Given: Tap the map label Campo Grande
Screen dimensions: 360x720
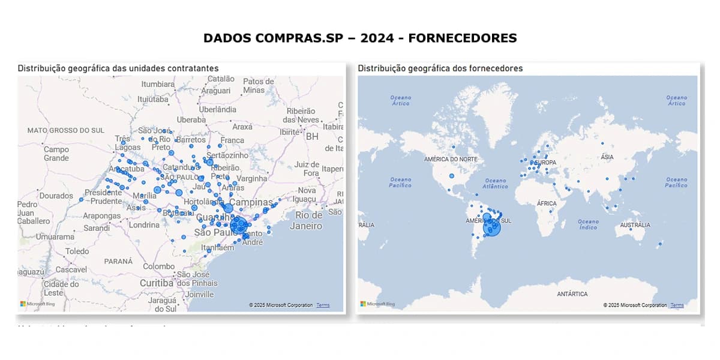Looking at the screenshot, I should (56, 154).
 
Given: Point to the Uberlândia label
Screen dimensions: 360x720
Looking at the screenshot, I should (217, 109).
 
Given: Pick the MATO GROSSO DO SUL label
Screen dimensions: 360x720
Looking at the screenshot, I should (65, 130).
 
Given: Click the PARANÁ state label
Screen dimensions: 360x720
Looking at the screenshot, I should (118, 261).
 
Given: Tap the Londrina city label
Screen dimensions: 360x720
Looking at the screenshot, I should (144, 225).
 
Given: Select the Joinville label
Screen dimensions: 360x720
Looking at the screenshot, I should (199, 294).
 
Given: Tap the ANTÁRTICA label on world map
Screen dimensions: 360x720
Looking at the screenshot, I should (572, 294).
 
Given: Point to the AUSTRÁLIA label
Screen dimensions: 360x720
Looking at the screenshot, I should (635, 225).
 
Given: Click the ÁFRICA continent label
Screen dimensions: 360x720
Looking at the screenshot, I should (547, 203).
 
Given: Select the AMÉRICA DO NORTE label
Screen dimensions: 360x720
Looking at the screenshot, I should (451, 159).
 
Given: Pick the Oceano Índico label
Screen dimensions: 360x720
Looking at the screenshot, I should (588, 224).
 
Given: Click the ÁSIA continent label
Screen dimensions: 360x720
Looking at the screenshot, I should (607, 157).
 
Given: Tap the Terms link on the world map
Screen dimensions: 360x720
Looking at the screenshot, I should (677, 305).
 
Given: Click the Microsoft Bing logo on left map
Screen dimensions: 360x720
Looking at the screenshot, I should (37, 304).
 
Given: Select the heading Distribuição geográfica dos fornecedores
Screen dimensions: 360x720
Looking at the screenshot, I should (440, 68).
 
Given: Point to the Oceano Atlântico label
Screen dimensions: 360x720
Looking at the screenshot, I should (496, 183).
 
